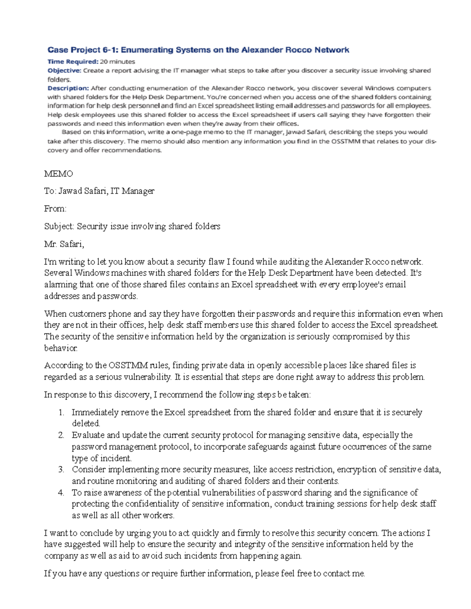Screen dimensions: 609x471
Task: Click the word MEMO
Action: click(x=58, y=174)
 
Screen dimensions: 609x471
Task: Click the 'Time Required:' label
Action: click(x=73, y=62)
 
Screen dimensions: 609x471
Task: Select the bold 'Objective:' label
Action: click(x=64, y=71)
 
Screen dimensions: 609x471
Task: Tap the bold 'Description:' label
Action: click(x=68, y=88)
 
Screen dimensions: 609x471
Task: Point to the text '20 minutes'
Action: click(x=117, y=62)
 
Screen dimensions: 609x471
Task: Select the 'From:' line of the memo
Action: click(x=55, y=209)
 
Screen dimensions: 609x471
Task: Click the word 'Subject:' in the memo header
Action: click(x=59, y=226)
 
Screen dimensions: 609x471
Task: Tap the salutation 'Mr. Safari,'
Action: click(x=64, y=244)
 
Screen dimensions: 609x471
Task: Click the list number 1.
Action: click(x=61, y=413)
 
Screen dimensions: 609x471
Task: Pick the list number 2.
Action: click(x=61, y=435)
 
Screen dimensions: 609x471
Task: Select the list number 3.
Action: click(x=61, y=469)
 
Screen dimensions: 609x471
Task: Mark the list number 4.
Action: click(x=61, y=493)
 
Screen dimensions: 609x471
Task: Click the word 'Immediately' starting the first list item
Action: click(x=95, y=413)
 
